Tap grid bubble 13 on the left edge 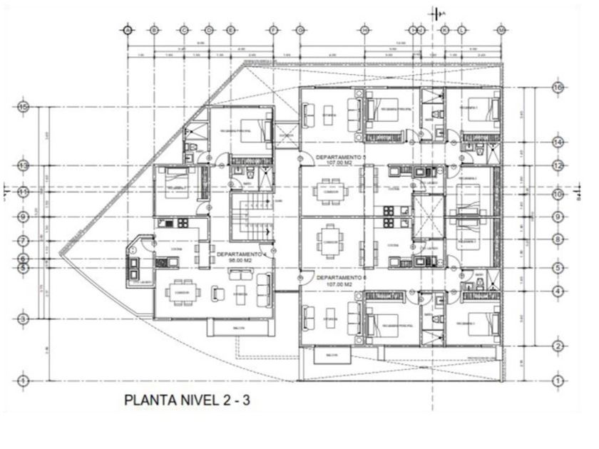(x=24, y=165)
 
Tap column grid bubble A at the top (x=128, y=30)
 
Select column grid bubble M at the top (x=502, y=30)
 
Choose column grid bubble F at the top (x=273, y=30)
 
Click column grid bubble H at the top (x=364, y=30)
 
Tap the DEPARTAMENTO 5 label (x=339, y=155)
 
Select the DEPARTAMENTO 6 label (x=339, y=277)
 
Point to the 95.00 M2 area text (x=240, y=261)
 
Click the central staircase (x=251, y=217)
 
